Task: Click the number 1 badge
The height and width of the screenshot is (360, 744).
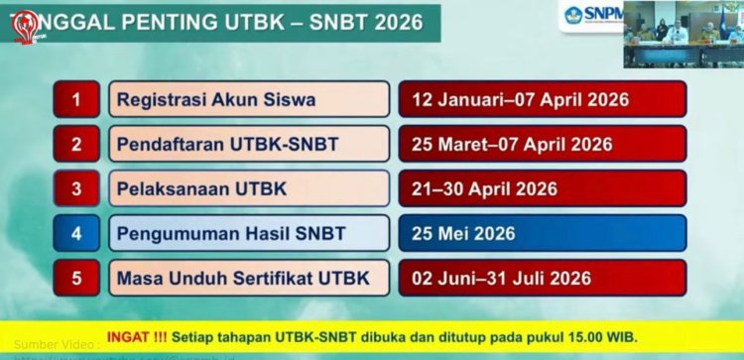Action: [x=76, y=99]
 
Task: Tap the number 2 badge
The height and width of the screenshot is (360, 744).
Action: [x=76, y=144]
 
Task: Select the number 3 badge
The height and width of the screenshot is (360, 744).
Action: [x=76, y=188]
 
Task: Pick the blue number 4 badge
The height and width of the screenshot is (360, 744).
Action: [x=76, y=233]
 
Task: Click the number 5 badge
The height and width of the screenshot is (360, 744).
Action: [x=76, y=278]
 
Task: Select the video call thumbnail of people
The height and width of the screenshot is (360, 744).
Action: [x=683, y=34]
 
